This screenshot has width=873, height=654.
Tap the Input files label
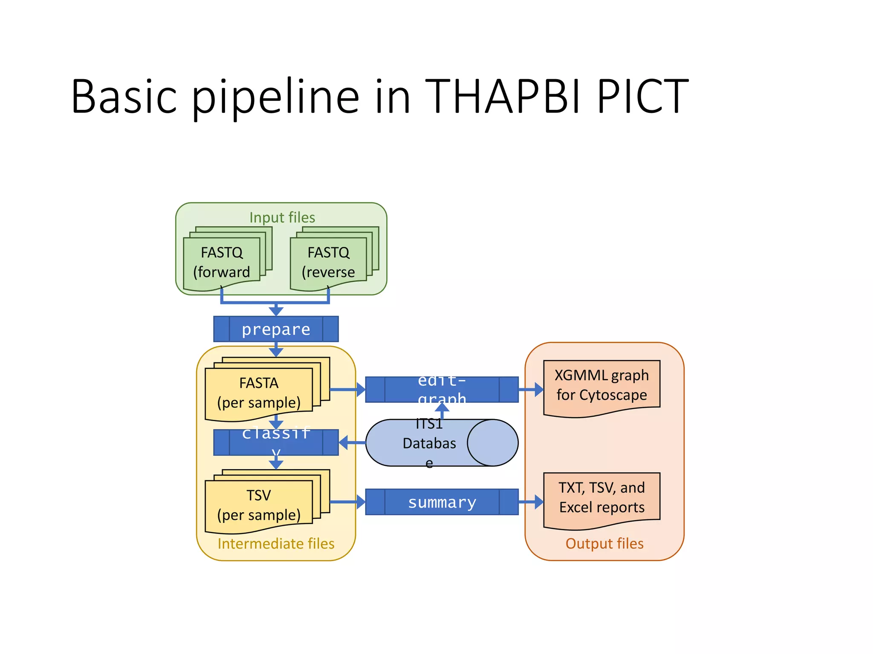tap(282, 218)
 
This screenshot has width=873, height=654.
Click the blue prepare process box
tap(276, 329)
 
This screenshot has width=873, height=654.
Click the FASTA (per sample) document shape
tap(258, 393)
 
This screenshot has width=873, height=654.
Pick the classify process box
tap(276, 443)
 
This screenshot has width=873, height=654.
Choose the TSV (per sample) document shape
tap(258, 505)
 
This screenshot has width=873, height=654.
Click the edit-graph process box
tap(442, 390)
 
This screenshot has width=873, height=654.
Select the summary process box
tap(442, 502)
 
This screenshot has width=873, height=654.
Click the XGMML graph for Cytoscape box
tap(601, 386)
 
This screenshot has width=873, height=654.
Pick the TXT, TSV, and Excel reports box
tap(601, 498)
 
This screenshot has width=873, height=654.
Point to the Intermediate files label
tap(276, 544)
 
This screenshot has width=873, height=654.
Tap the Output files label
tap(604, 544)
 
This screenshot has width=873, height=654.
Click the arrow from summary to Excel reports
tap(531, 502)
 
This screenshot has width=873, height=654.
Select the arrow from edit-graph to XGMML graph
tap(531, 390)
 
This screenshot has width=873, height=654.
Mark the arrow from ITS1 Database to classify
tap(352, 443)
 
